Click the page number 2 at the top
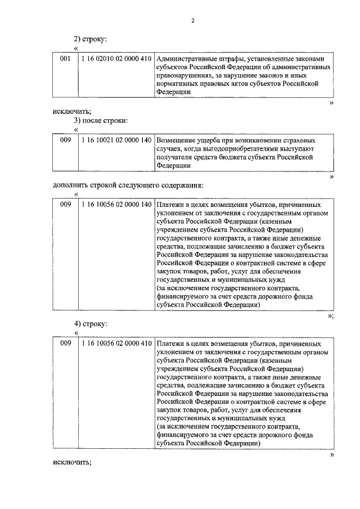pos(192,21)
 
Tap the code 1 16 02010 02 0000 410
pos(116,58)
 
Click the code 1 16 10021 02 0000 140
pos(116,139)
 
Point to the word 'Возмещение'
pos(176,139)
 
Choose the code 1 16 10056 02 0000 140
pos(116,204)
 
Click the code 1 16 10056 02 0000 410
pos(116,343)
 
